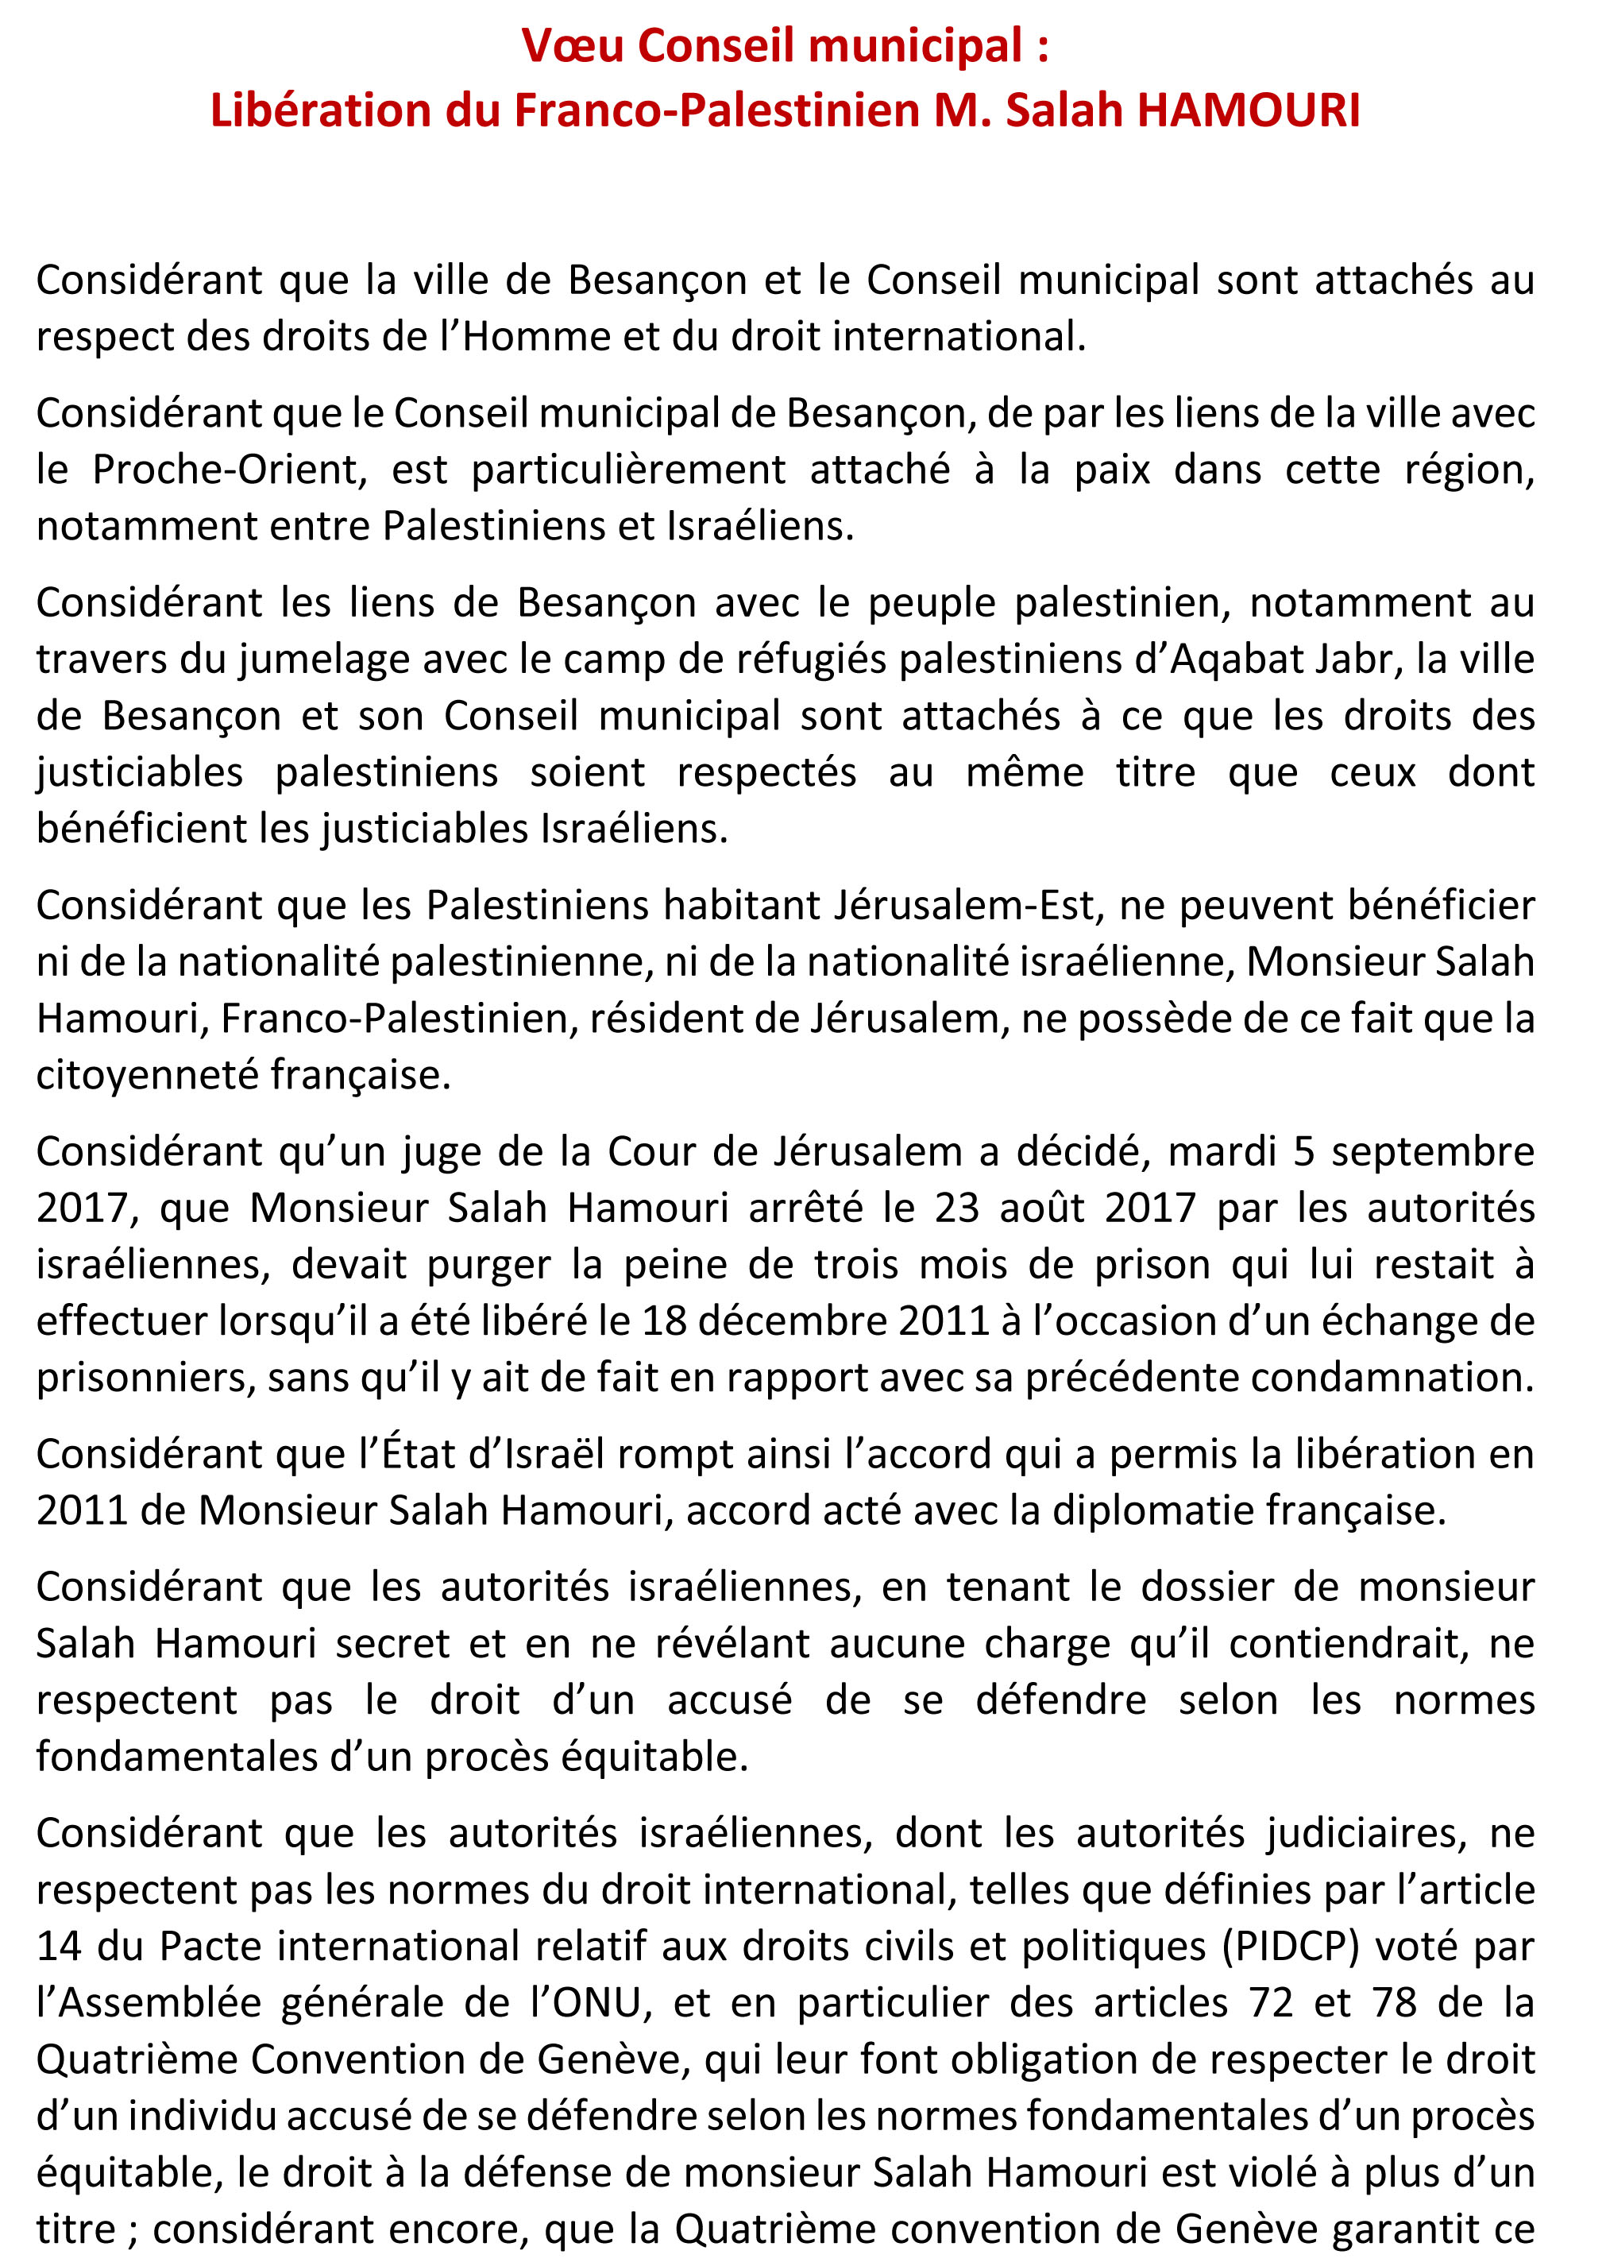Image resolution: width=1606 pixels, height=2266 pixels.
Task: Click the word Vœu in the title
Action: pos(573,47)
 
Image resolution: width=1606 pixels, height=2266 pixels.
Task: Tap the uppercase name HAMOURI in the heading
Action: pos(1248,110)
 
